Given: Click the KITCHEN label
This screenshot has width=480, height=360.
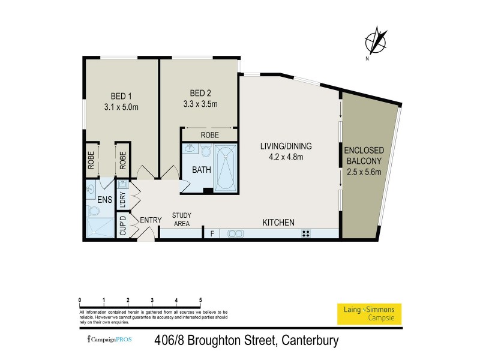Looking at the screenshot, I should point(278,222).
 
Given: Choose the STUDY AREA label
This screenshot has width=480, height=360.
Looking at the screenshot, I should point(181,219).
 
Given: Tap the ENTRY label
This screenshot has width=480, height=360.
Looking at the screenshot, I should point(151,220).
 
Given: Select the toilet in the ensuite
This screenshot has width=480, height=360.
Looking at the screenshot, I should point(94,211).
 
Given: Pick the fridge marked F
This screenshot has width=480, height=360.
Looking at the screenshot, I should point(211,233).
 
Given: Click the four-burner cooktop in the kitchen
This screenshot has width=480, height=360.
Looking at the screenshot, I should point(306,233).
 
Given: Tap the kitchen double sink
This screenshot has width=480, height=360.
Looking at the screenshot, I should point(233,233).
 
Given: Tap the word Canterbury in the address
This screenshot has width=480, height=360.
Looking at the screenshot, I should point(307,341).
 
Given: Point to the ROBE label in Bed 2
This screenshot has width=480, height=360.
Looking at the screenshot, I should point(209,135).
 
